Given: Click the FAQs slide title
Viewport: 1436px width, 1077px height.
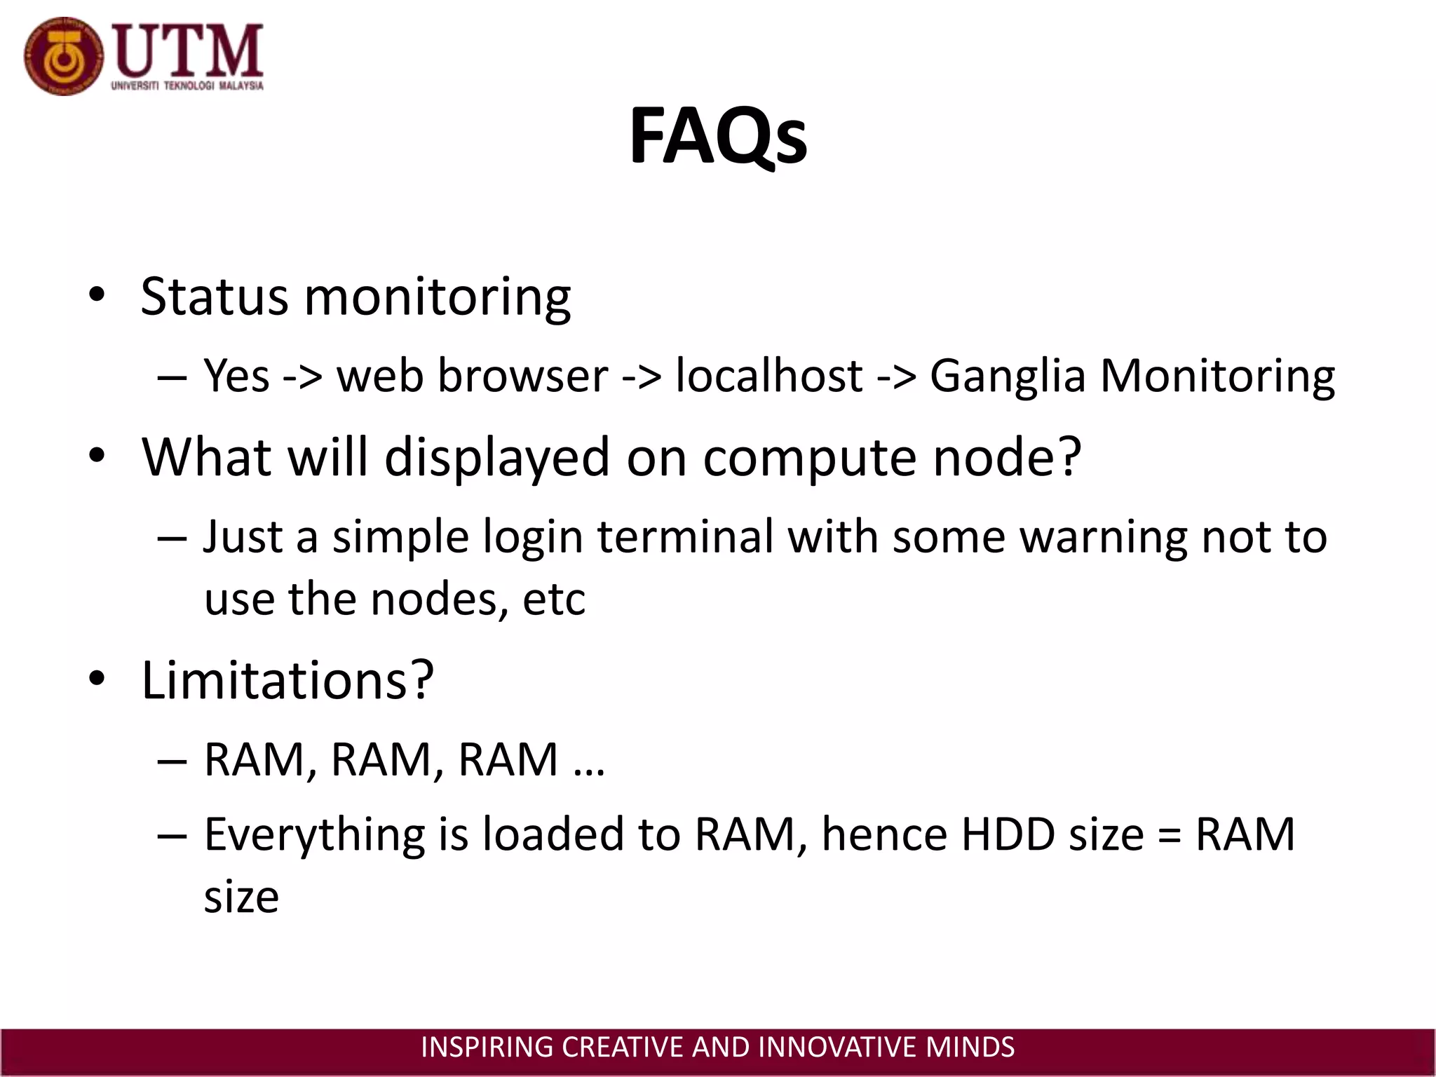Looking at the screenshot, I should (x=717, y=137).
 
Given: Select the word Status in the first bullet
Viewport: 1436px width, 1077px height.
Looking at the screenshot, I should (x=214, y=296).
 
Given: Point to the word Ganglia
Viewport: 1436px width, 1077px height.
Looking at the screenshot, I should (x=1008, y=377).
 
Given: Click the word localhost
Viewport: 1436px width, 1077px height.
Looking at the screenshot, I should (x=769, y=376).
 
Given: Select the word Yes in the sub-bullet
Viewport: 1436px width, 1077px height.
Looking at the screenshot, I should (x=236, y=376).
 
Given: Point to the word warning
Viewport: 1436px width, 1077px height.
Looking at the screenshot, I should (x=1103, y=538).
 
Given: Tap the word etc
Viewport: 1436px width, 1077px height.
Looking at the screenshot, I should (x=554, y=600).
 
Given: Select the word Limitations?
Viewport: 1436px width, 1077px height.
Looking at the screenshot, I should (x=287, y=680).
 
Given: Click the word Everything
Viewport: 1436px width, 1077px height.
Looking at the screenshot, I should (x=314, y=836).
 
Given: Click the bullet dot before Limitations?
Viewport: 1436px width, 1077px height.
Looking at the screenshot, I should (x=97, y=679).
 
